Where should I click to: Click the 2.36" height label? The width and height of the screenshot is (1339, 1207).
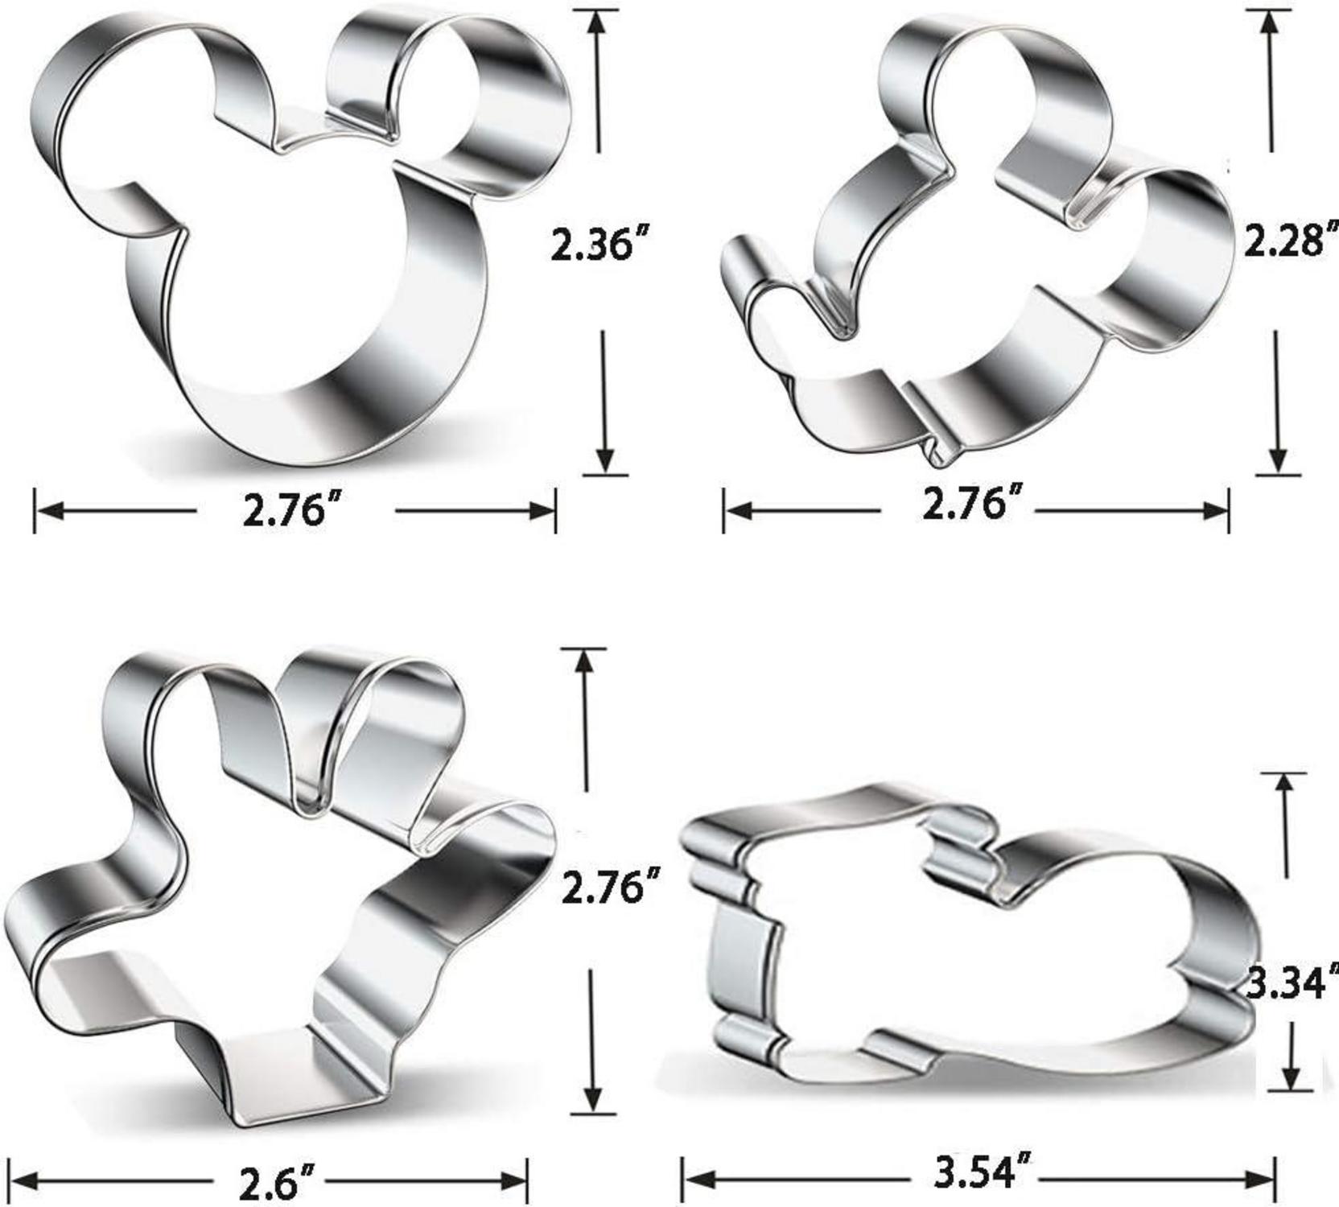tap(599, 244)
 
